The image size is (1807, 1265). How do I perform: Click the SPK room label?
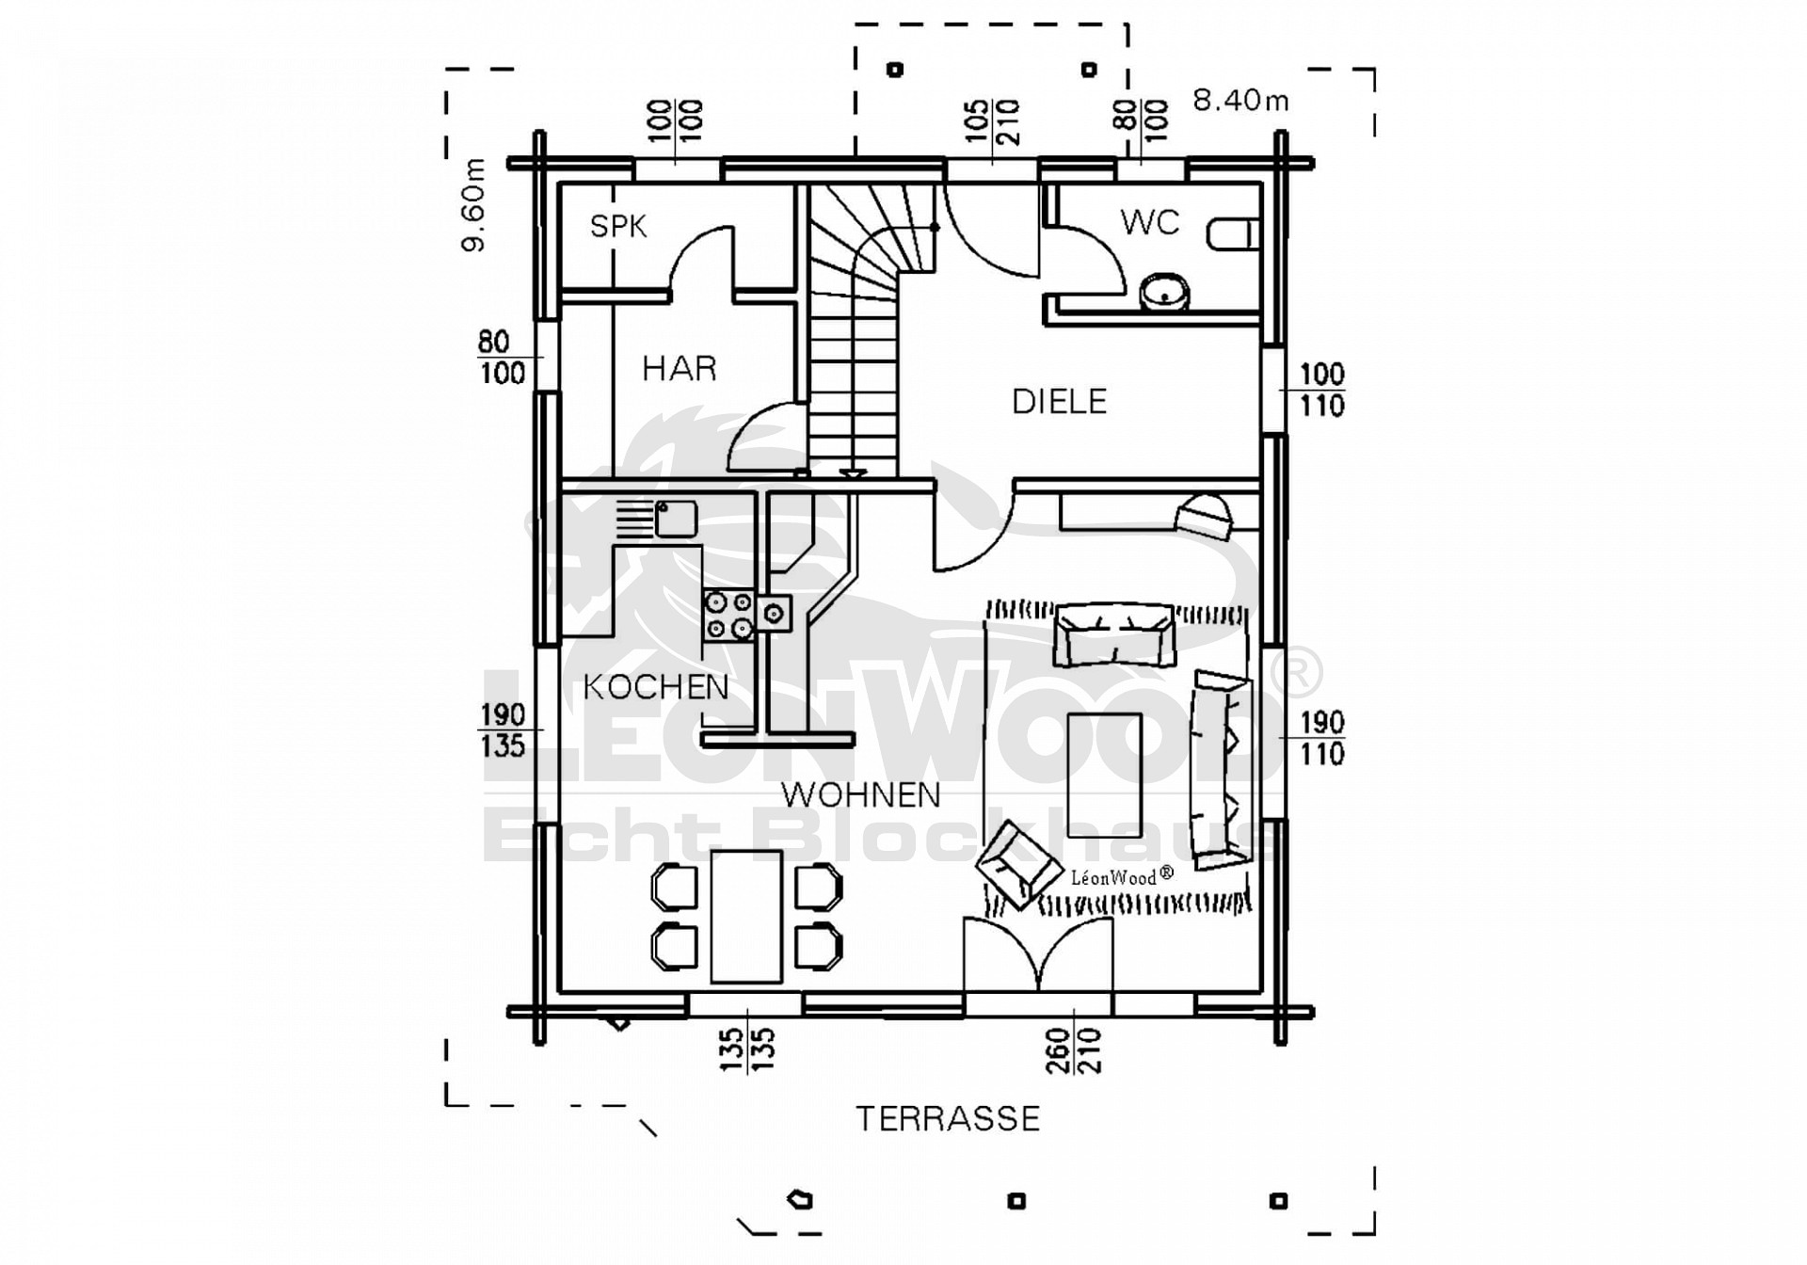click(618, 226)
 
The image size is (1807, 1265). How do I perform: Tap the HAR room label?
click(679, 368)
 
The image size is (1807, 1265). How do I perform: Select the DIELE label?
click(1059, 402)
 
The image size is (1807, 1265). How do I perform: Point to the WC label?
click(1149, 223)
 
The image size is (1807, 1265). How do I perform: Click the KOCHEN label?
click(656, 688)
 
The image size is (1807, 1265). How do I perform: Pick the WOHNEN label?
click(860, 795)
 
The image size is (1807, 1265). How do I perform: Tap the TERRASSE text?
click(948, 1119)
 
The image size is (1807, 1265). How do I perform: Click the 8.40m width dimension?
click(1240, 100)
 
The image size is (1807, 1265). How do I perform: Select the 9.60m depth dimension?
click(473, 205)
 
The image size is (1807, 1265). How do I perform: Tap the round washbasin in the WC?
click(1165, 292)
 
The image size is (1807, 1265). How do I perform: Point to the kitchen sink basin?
click(676, 519)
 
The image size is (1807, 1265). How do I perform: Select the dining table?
click(745, 916)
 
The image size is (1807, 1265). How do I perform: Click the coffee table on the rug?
click(1105, 775)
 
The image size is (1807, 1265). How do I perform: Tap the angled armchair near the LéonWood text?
click(1015, 865)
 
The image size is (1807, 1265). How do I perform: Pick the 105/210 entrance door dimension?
click(993, 121)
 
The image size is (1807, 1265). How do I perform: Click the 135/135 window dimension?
click(746, 1049)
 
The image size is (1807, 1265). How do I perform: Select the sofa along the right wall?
click(1223, 769)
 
